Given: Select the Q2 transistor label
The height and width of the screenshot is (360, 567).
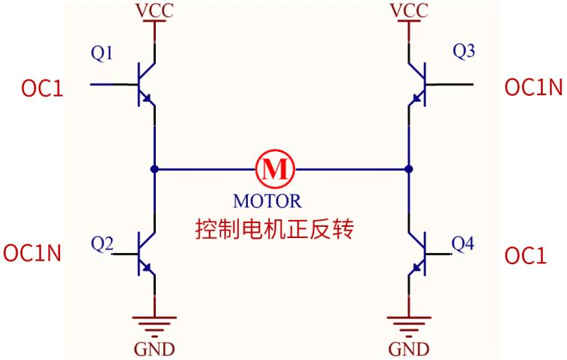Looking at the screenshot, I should pos(103,243).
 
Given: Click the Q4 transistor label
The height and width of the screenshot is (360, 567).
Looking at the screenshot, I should pos(464,243).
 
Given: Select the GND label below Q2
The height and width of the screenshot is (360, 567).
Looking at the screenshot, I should pos(155,350).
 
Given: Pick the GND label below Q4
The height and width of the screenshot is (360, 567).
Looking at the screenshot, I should pos(409,350).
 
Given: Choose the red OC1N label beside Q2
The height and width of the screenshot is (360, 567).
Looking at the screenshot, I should pos(31,253).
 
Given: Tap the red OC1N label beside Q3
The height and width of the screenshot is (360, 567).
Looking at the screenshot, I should pos(533,88).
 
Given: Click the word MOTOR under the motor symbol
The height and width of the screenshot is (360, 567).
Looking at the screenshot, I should pos(267,201).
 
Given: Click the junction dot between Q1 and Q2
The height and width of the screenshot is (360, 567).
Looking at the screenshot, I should pos(154,168).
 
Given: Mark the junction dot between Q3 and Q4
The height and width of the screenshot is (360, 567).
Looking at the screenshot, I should pos(409,168).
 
